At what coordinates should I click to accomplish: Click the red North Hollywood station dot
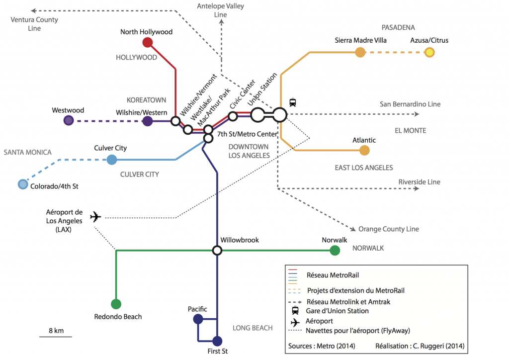tap(147, 42)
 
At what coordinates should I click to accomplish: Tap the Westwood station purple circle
tap(69, 120)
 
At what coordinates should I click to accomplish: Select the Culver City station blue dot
tap(112, 160)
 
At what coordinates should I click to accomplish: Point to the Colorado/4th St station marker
tap(23, 184)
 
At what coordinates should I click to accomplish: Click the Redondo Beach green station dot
tap(116, 304)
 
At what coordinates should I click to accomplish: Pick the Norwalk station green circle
tap(335, 251)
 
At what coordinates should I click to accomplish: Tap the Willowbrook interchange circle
tap(217, 251)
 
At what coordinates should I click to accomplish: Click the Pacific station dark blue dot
tap(198, 319)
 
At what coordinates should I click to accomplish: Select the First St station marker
tap(217, 341)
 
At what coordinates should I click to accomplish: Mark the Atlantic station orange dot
tap(365, 150)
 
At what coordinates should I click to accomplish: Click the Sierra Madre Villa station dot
tap(360, 52)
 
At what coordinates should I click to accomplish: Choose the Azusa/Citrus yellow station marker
tap(429, 52)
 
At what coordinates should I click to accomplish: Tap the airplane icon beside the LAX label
tap(95, 217)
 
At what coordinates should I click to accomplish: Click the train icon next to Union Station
tap(293, 103)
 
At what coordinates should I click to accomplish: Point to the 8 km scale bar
tap(56, 337)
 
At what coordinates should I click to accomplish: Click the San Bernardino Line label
tap(410, 104)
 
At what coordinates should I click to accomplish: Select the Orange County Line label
tap(389, 229)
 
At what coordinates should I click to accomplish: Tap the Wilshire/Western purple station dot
tap(148, 121)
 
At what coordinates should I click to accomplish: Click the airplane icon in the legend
tap(295, 322)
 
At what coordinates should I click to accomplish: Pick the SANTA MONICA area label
tap(27, 152)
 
